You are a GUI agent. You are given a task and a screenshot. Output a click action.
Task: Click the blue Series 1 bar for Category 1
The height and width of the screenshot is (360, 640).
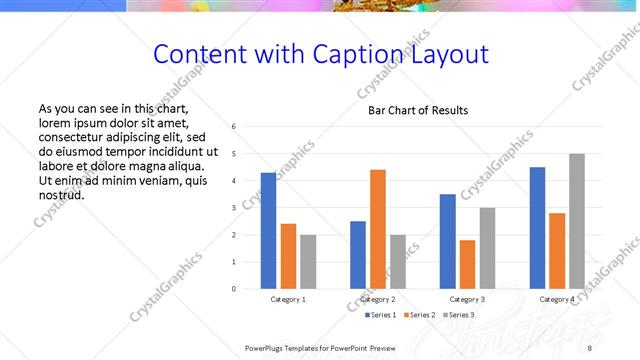[x=268, y=231]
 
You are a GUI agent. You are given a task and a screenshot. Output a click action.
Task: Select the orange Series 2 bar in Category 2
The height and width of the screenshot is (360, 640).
[x=378, y=229]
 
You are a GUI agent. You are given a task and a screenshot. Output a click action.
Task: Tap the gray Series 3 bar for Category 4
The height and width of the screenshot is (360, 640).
[x=577, y=221]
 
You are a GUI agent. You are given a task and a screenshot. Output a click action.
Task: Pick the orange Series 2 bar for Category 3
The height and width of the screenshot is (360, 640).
[x=467, y=264]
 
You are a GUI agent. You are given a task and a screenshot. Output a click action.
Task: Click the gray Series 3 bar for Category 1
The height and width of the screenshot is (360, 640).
[x=308, y=262]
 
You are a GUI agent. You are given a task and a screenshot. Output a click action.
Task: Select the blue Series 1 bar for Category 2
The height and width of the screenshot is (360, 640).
[x=358, y=255]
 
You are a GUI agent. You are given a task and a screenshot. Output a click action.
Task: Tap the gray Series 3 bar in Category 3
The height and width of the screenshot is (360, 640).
[x=487, y=248]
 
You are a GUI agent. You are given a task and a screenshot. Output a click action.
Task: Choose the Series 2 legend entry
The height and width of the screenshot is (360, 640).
[x=418, y=315]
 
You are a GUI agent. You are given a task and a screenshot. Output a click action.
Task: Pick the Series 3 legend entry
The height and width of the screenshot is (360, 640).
[x=457, y=315]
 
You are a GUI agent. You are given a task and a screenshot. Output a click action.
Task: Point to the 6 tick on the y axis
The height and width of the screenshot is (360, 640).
[x=233, y=127]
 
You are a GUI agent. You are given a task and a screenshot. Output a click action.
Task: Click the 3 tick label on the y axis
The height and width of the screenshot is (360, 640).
[x=233, y=208]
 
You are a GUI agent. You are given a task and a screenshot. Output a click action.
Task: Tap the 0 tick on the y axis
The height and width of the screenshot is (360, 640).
[x=233, y=289]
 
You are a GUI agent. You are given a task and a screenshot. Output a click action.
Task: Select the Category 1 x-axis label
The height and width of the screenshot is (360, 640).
[x=288, y=299]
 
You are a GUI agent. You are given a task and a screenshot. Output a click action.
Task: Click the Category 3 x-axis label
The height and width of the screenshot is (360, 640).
[x=467, y=299]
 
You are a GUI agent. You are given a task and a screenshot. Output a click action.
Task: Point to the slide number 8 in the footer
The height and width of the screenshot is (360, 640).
[x=590, y=347]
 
